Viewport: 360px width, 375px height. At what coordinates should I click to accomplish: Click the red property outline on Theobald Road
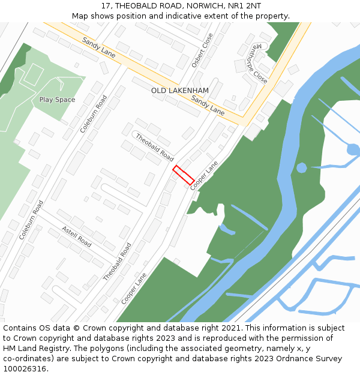(x=184, y=175)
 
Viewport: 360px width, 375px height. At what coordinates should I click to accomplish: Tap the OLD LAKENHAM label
(x=180, y=91)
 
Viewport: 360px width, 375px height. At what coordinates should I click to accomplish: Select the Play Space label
(x=57, y=100)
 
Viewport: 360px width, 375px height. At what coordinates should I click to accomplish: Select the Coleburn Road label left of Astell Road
(x=32, y=220)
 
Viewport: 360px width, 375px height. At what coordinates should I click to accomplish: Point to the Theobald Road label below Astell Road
(x=117, y=262)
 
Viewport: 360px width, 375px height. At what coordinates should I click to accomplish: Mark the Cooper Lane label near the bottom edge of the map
(x=133, y=289)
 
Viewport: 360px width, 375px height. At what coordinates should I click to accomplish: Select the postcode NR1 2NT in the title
(x=241, y=5)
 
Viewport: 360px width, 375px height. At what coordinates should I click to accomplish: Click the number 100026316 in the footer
(x=25, y=368)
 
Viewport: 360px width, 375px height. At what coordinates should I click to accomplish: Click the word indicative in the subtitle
(x=182, y=16)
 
